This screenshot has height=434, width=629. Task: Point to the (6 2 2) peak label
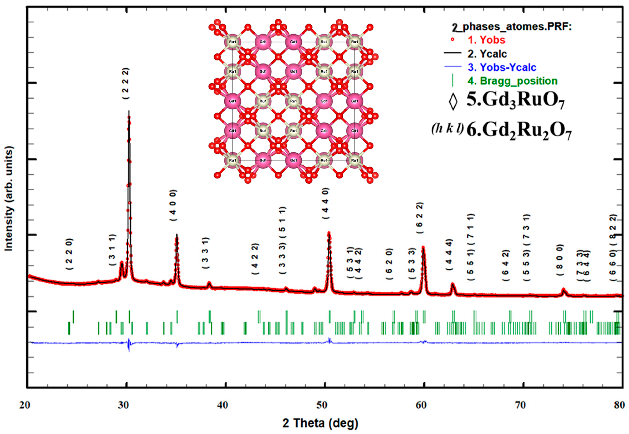coord(420,218)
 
